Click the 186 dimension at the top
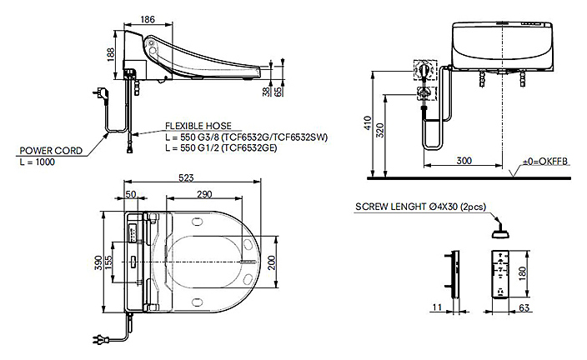coord(148,19)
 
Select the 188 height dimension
coord(111,54)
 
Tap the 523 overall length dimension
coord(186,177)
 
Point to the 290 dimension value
coord(204,194)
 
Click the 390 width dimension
coord(98,262)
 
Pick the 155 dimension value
coord(108,262)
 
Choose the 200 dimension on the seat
coord(272,262)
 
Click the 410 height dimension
coord(367,123)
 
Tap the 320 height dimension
coord(380,130)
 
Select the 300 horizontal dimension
coord(464,161)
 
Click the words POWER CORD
coord(51,151)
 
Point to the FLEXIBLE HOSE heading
coord(198,126)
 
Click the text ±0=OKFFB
coord(545,162)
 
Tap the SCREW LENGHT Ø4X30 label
coord(420,207)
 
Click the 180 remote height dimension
coord(523,273)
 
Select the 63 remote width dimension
coord(524,307)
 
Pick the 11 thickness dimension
coord(437,307)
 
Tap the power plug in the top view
coord(100,340)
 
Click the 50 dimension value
coord(131,194)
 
